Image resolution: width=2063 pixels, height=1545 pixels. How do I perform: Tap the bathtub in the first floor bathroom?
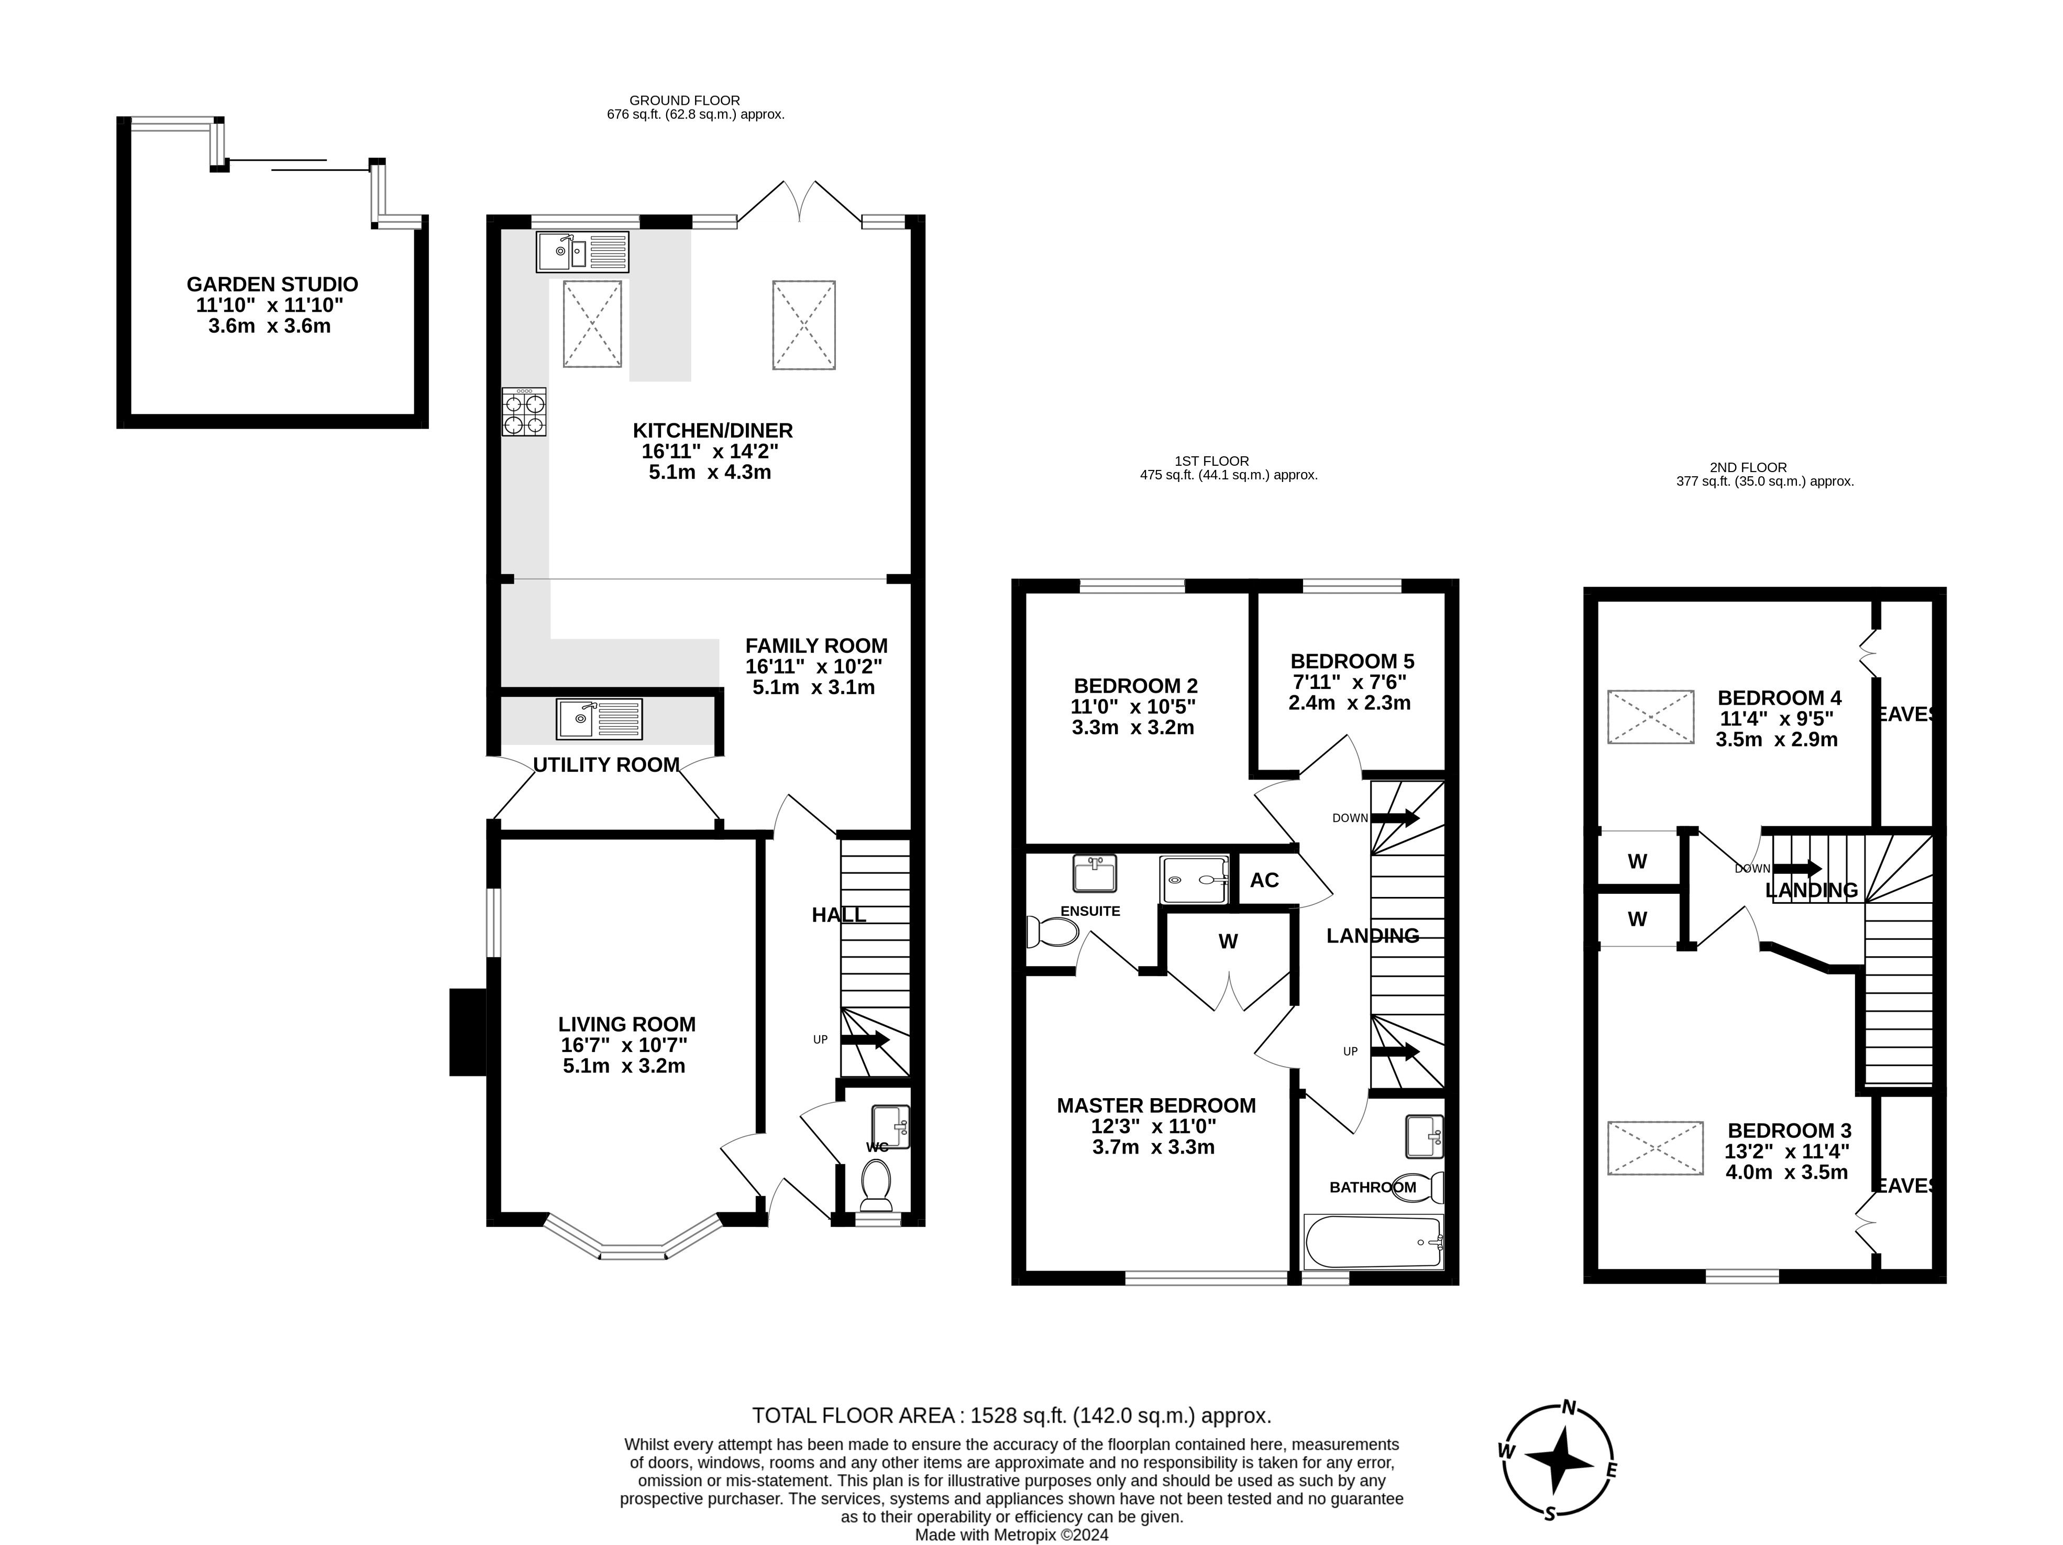(1373, 1242)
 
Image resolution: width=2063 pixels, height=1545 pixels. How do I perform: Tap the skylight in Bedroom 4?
(1650, 717)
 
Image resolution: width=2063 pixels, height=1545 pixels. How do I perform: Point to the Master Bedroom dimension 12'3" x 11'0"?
(1154, 1126)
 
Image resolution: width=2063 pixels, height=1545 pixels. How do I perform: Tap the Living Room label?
(627, 1024)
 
